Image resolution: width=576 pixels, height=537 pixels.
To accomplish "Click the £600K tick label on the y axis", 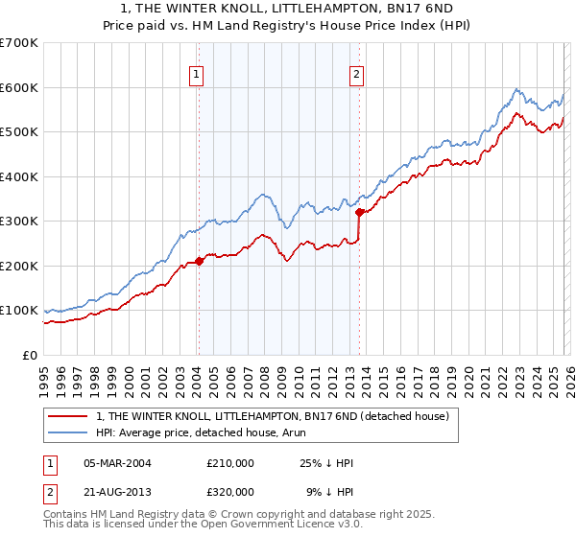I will click(x=19, y=87).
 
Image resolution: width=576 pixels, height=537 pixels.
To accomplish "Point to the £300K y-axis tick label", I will click(x=19, y=221).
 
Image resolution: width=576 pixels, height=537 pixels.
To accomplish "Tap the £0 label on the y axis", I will click(x=31, y=355).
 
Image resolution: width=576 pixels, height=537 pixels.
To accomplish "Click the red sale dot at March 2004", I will click(x=199, y=261).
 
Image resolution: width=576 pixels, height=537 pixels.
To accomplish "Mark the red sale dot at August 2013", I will click(x=359, y=212).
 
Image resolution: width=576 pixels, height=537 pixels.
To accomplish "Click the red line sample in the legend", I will click(x=68, y=417).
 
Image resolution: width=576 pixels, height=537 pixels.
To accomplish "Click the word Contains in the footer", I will click(x=69, y=516).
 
